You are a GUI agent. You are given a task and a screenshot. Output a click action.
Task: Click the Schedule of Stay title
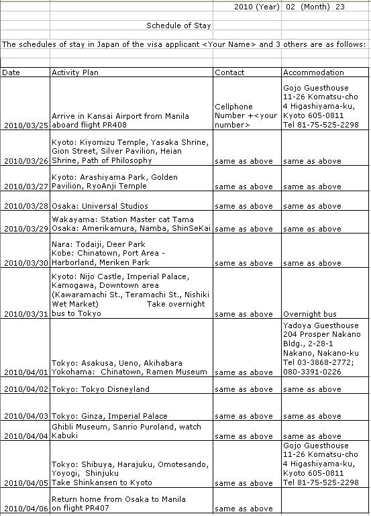point(178,26)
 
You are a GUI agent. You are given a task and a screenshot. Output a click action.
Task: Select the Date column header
point(11,72)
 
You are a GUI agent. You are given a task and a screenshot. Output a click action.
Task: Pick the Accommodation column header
point(313,72)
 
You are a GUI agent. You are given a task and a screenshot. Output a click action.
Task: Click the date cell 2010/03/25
point(25,125)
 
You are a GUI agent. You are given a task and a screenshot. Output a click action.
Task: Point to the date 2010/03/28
point(25,206)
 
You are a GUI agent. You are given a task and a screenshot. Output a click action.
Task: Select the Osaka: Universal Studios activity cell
point(100,206)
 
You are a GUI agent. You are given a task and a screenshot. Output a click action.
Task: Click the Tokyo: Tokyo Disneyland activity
point(101,389)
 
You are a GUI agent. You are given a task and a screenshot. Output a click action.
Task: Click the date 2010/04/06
point(25,509)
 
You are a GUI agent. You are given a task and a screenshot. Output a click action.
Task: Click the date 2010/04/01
point(25,372)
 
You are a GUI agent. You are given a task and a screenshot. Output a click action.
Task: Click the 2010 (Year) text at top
point(257,7)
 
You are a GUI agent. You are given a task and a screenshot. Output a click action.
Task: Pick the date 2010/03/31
point(25,314)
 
